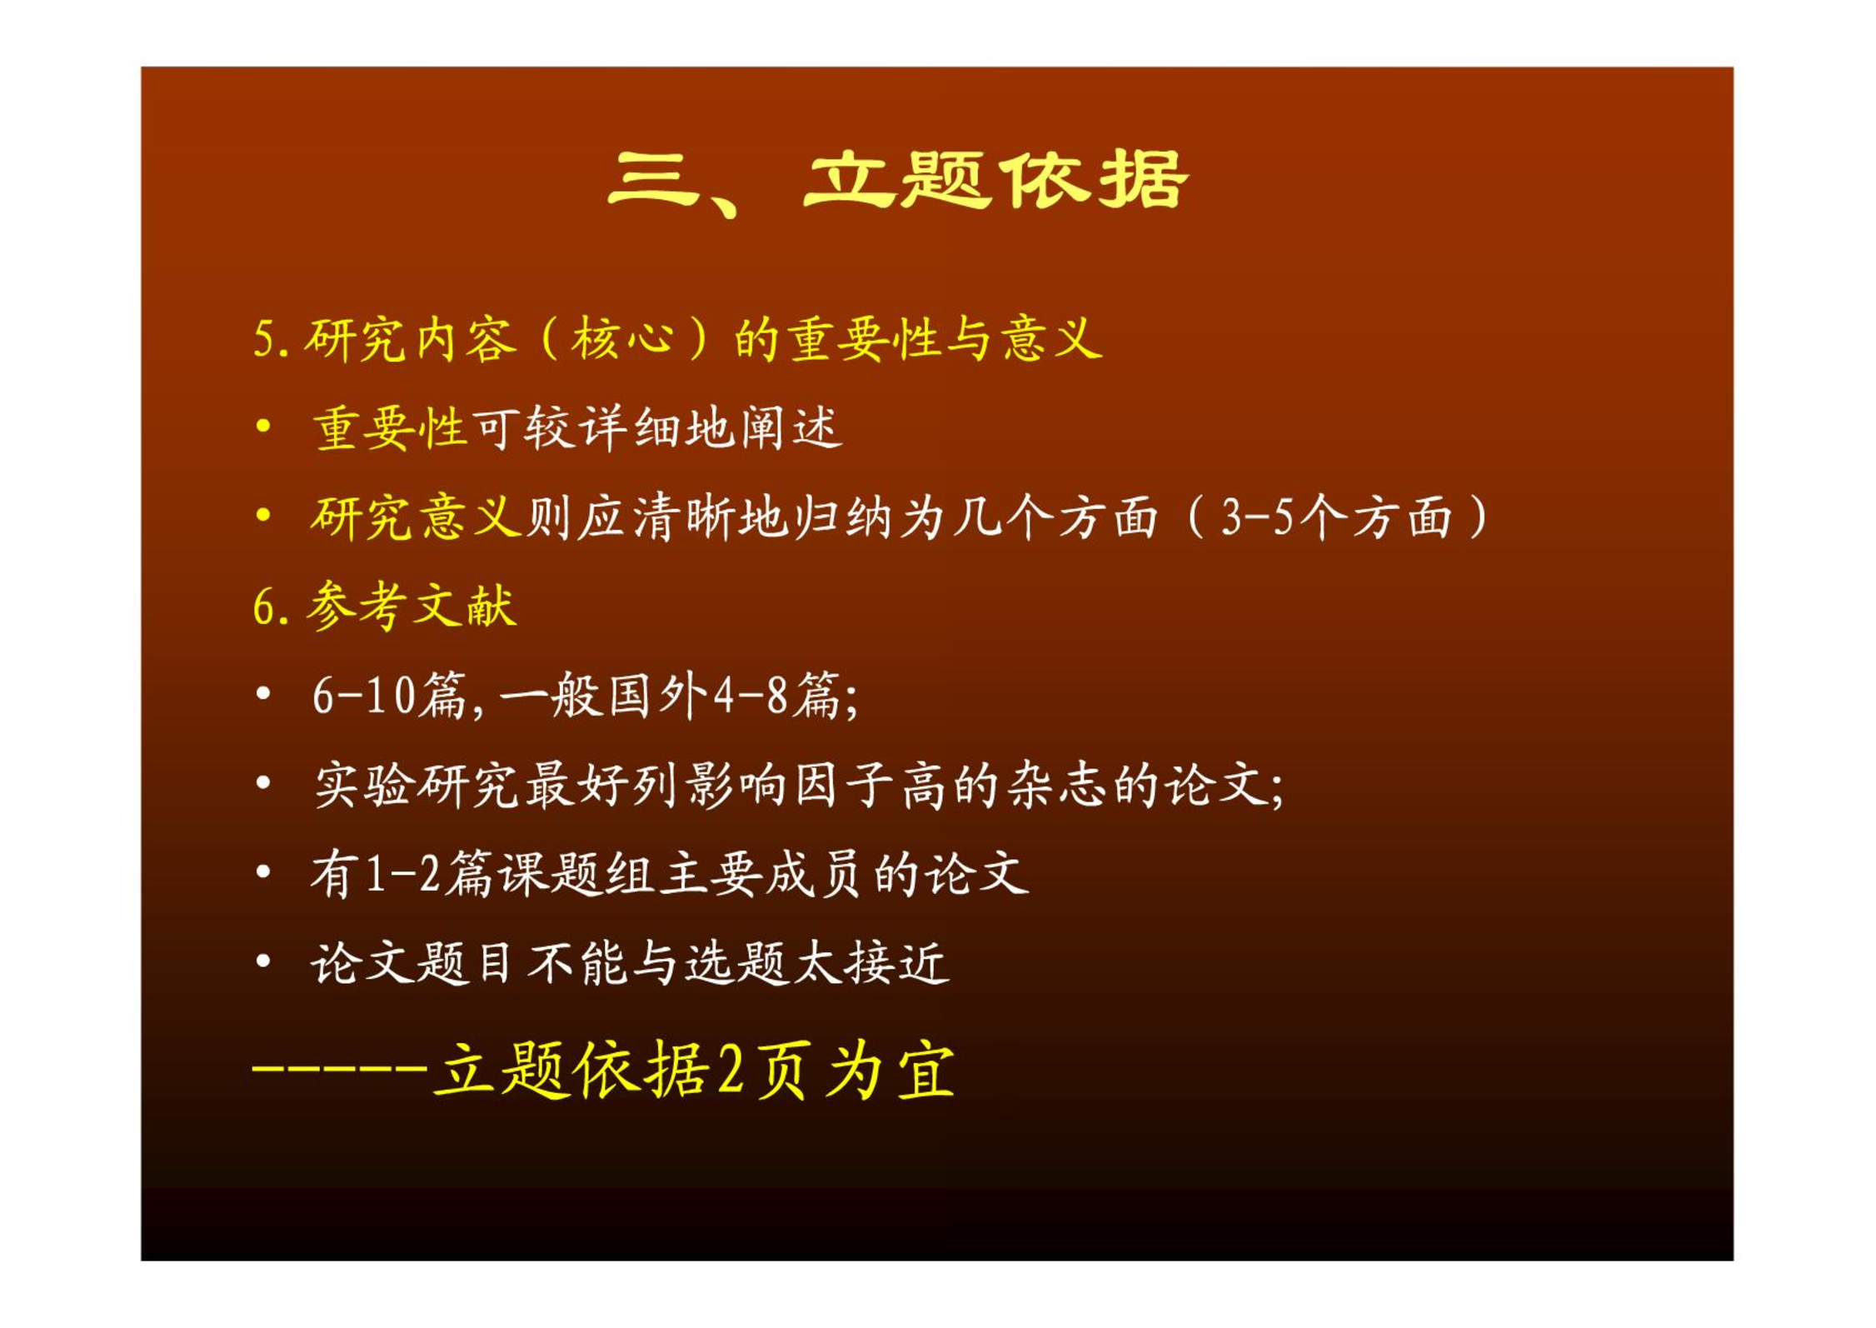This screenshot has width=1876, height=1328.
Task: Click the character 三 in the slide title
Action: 654,179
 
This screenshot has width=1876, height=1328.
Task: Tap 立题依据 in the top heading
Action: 995,179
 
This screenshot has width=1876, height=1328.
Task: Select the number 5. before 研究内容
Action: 272,340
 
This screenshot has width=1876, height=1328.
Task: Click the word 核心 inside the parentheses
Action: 622,340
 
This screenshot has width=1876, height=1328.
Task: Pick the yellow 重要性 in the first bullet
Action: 389,429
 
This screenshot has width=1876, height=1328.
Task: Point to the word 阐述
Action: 791,429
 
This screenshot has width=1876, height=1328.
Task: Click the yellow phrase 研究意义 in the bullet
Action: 416,517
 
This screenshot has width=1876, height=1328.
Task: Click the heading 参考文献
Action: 412,606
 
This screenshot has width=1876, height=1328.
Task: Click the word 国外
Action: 658,696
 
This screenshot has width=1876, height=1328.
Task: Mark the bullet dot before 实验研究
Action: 263,783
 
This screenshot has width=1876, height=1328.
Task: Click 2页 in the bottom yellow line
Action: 760,1071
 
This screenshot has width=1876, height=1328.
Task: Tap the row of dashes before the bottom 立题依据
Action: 340,1067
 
